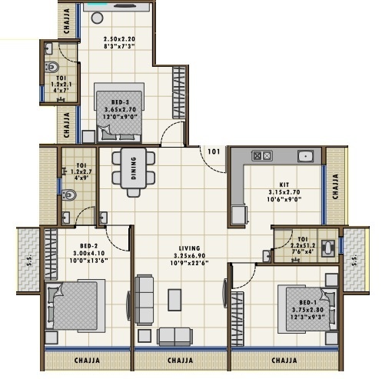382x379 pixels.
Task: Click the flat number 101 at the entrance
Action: click(213, 151)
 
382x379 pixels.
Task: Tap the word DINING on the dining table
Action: click(134, 168)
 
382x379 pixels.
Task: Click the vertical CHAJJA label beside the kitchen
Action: click(334, 185)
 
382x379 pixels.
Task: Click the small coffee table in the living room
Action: click(174, 299)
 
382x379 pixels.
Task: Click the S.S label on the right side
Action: click(353, 260)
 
